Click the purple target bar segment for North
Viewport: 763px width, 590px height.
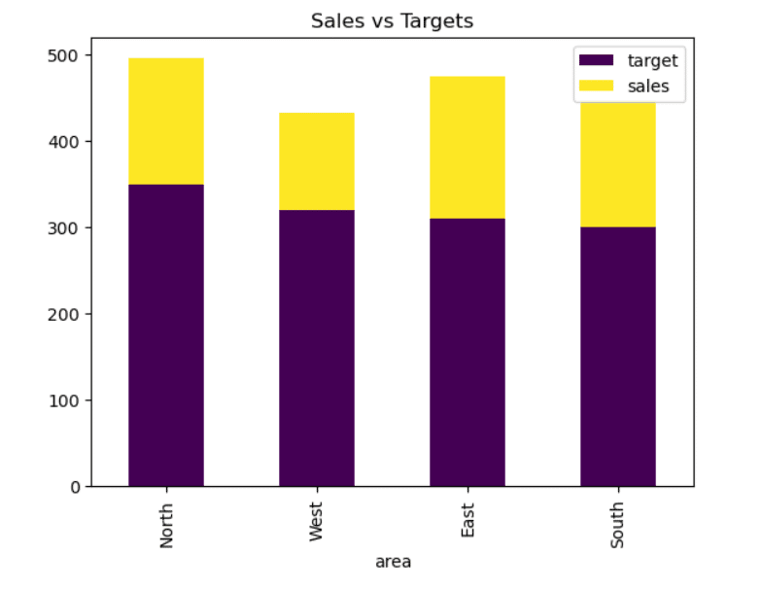(x=166, y=335)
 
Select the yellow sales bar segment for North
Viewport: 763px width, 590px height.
(x=166, y=121)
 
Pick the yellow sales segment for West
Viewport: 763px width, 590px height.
(x=317, y=161)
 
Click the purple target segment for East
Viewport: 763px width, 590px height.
(x=468, y=352)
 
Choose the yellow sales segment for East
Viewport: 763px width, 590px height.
(x=468, y=147)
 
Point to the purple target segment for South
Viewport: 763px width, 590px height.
(x=618, y=356)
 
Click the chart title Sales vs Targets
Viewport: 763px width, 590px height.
(x=392, y=20)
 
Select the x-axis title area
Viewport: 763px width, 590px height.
(x=392, y=562)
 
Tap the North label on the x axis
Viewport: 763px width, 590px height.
(x=167, y=523)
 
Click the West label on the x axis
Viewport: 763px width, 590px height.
(x=317, y=521)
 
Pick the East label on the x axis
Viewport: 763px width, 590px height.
(x=468, y=519)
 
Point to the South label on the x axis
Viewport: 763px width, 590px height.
(x=618, y=523)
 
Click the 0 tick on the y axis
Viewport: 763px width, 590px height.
(x=74, y=487)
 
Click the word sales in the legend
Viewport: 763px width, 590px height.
(x=650, y=86)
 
